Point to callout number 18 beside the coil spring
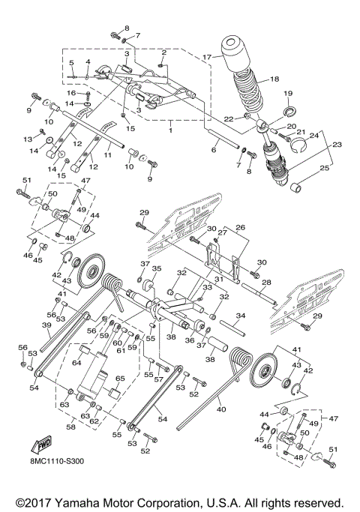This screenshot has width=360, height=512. (274, 78)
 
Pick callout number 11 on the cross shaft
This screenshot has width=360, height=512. (107, 155)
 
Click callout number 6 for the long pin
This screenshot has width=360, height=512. (214, 150)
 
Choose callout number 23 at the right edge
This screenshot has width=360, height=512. (335, 145)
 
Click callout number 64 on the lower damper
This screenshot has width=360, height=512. (77, 362)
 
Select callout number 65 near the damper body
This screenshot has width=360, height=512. (118, 379)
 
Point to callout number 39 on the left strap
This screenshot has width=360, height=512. (46, 325)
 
